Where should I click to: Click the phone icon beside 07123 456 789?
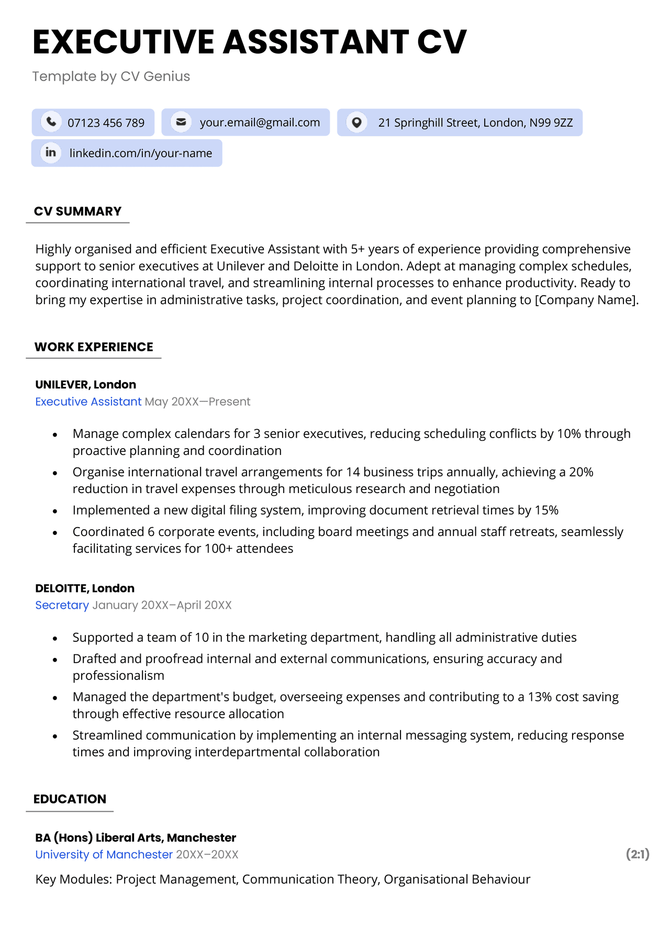(51, 122)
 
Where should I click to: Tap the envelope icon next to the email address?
(181, 122)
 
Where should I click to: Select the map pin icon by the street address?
(356, 122)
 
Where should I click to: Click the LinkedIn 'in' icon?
(51, 153)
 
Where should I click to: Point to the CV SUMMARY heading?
(77, 211)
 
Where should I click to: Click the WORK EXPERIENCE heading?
(94, 347)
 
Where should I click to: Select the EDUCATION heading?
(70, 799)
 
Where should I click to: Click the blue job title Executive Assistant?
(88, 401)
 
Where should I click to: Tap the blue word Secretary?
(62, 605)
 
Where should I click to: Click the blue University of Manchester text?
(104, 854)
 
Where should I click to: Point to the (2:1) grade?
(637, 854)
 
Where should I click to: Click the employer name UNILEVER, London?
(85, 385)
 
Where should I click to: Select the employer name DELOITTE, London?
(85, 588)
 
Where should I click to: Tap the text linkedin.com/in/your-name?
(140, 153)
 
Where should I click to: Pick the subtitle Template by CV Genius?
(111, 76)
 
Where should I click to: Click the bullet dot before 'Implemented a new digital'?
(55, 511)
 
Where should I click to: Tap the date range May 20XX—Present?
(197, 401)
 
